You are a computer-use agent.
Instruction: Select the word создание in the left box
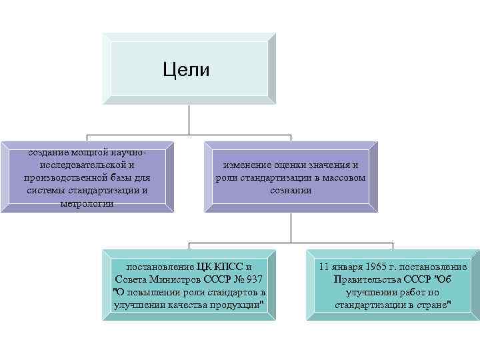click(x=47, y=152)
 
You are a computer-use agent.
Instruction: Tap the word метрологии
click(x=87, y=203)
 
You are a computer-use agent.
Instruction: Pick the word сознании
click(x=291, y=191)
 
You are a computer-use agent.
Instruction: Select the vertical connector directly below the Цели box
click(x=190, y=117)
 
